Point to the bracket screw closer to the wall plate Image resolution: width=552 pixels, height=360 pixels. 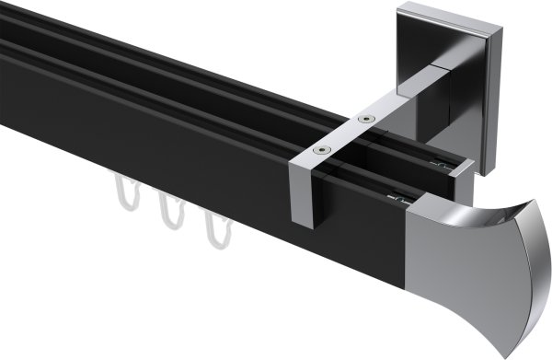click(367, 119)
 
